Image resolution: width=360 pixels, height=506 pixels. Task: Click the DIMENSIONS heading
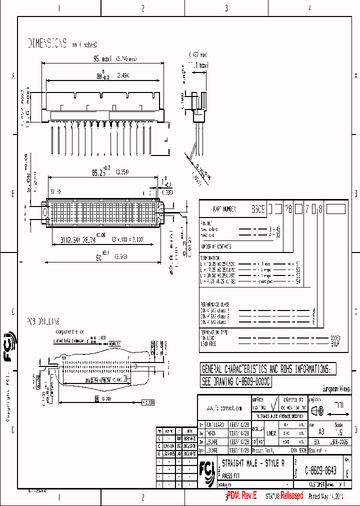click(x=47, y=43)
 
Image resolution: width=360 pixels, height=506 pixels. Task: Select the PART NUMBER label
click(x=224, y=209)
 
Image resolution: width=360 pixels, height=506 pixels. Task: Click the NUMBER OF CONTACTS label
click(x=215, y=246)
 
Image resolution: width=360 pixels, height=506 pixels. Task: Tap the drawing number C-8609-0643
click(x=320, y=470)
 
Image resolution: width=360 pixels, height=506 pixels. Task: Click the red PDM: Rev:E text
click(x=241, y=495)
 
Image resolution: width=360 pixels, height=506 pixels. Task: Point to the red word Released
click(x=291, y=495)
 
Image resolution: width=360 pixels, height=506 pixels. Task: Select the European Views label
click(x=335, y=389)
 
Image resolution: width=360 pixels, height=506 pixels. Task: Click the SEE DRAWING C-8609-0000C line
click(x=235, y=381)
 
